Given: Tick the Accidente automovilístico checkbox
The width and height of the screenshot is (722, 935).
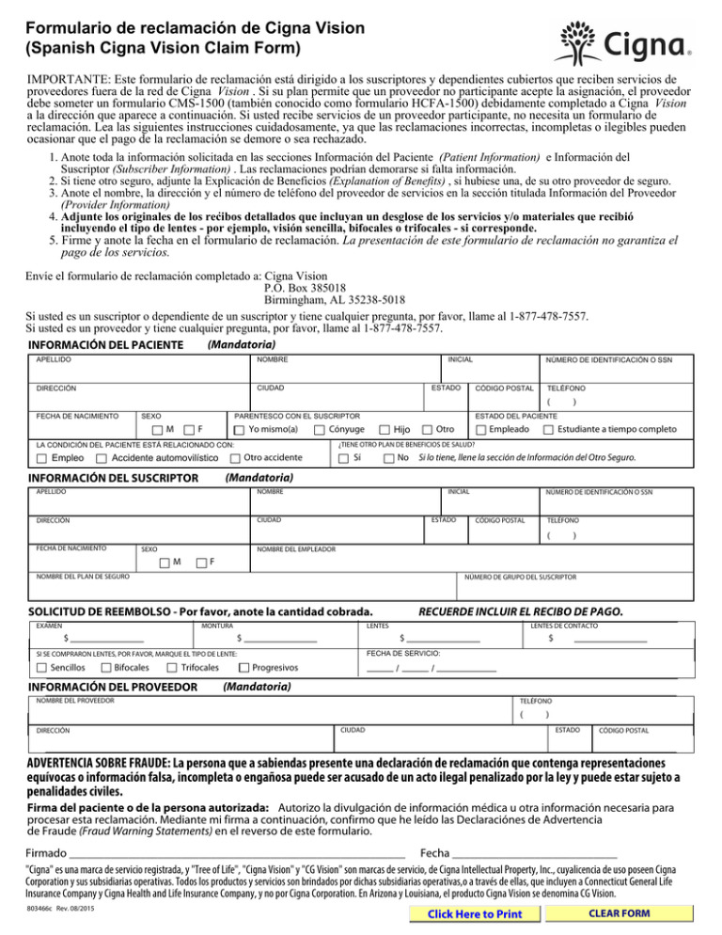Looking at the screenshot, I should (102, 458).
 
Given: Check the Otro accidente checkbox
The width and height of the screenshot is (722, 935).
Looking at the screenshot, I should (234, 458).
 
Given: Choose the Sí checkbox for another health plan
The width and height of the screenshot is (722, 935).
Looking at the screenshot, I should (343, 458).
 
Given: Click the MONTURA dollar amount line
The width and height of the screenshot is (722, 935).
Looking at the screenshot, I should (277, 642).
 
